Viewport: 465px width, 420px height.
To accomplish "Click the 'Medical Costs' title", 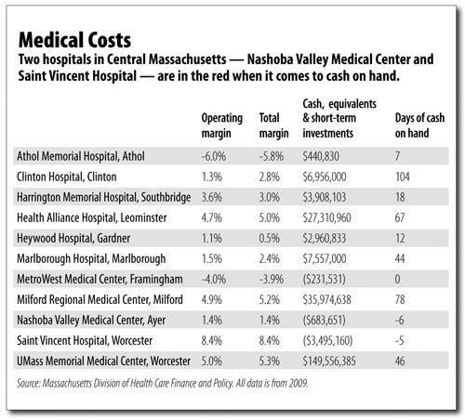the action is click(74, 40).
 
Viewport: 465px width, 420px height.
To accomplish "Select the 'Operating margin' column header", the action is click(222, 125).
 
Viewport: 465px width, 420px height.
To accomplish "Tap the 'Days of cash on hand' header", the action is click(419, 125).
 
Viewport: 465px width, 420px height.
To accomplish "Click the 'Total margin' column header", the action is click(274, 125).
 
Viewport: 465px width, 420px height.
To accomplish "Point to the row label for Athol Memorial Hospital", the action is click(81, 156).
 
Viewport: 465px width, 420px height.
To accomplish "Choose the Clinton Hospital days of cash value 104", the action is click(403, 177).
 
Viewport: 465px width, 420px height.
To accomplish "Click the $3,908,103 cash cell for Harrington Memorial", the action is click(325, 197).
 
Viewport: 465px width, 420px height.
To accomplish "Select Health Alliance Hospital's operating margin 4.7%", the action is click(212, 217).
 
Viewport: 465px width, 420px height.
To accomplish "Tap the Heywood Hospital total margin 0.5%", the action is click(270, 238).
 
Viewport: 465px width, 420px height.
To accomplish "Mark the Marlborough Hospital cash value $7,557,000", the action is click(325, 258).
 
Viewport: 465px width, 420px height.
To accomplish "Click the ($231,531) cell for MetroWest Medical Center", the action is click(324, 279).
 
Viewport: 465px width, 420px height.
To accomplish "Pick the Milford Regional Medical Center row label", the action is click(100, 300).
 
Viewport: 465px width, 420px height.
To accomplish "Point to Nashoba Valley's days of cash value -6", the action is click(400, 320).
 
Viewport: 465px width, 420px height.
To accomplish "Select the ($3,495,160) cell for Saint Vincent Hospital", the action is click(327, 340).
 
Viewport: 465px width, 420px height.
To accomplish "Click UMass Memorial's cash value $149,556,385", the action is click(329, 361).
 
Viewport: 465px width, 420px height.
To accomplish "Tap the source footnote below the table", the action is click(163, 384).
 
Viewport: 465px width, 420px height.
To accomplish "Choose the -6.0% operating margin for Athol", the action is click(214, 156).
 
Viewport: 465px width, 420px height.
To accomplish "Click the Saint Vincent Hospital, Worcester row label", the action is click(85, 341).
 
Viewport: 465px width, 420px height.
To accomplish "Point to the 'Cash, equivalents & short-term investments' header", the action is click(339, 118).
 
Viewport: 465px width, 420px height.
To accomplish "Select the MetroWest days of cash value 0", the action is click(398, 279).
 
